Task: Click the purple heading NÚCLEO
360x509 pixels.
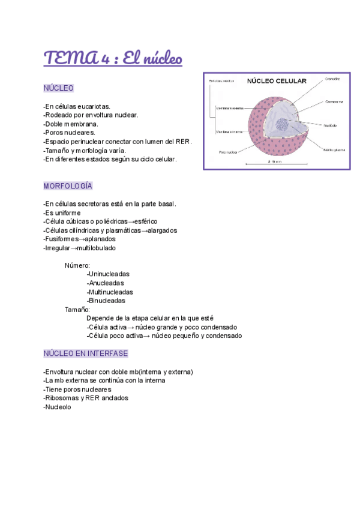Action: point(58,88)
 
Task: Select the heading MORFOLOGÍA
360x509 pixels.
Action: point(68,186)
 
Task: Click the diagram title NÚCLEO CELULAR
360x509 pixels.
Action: point(277,80)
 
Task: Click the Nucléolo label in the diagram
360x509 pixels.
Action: point(329,125)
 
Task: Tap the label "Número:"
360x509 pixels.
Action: point(77,265)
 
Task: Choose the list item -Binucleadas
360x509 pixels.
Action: point(106,301)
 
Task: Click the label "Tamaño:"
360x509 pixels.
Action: point(77,310)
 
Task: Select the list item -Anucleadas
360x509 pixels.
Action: point(106,283)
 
